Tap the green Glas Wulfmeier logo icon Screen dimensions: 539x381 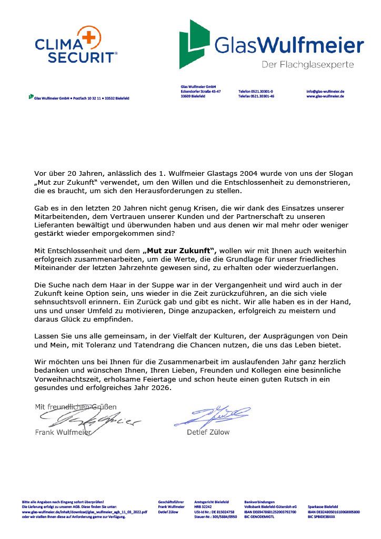[194, 44]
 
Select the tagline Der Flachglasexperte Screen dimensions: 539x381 [308, 64]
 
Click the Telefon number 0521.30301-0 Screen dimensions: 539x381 [256, 91]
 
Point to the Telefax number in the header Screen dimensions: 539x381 [256, 96]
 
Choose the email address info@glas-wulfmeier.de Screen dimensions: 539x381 [325, 91]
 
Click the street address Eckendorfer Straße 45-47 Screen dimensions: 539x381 [200, 91]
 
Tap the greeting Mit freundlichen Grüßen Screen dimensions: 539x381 [76, 406]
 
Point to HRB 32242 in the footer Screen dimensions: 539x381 [203, 506]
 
